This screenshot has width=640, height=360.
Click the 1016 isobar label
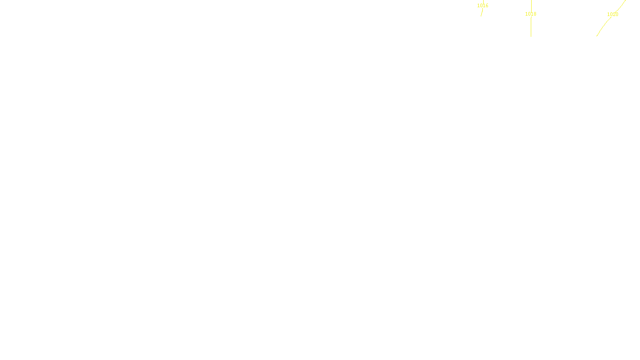483,6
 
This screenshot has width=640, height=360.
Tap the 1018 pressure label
531,14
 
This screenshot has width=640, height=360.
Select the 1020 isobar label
612,14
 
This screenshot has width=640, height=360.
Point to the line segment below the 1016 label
482,12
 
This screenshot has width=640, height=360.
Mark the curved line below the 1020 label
603,26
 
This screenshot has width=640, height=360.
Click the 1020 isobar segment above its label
621,5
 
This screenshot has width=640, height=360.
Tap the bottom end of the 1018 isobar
531,36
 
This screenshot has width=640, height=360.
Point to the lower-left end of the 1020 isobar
597,36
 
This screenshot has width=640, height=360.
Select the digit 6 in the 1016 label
487,6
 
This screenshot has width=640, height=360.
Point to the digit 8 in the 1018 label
535,14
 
